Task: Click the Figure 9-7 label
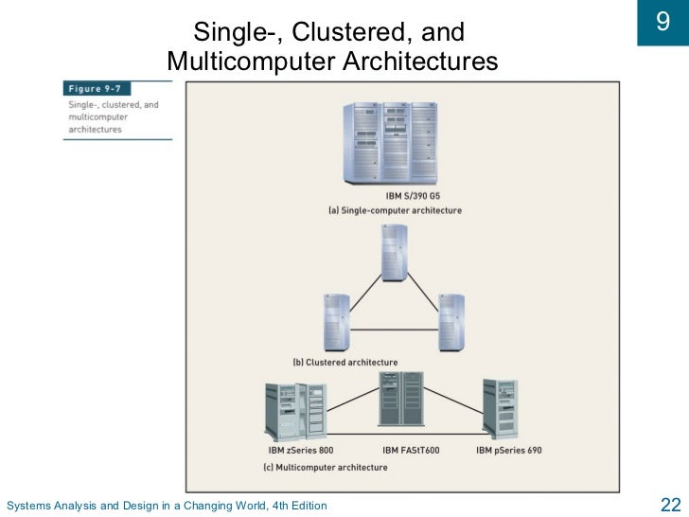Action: (97, 88)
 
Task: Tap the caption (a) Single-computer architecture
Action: (395, 210)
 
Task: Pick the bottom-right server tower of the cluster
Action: (451, 321)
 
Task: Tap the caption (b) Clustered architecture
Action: (344, 363)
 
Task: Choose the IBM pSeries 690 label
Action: (508, 450)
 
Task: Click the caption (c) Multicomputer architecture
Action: (325, 467)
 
